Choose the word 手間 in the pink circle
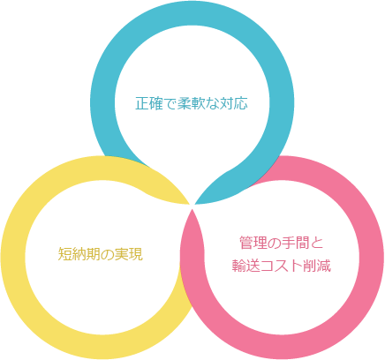(295, 243)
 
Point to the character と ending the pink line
(317, 243)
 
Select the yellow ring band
(13, 258)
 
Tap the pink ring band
(372, 258)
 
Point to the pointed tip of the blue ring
(195, 204)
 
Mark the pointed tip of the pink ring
(192, 209)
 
